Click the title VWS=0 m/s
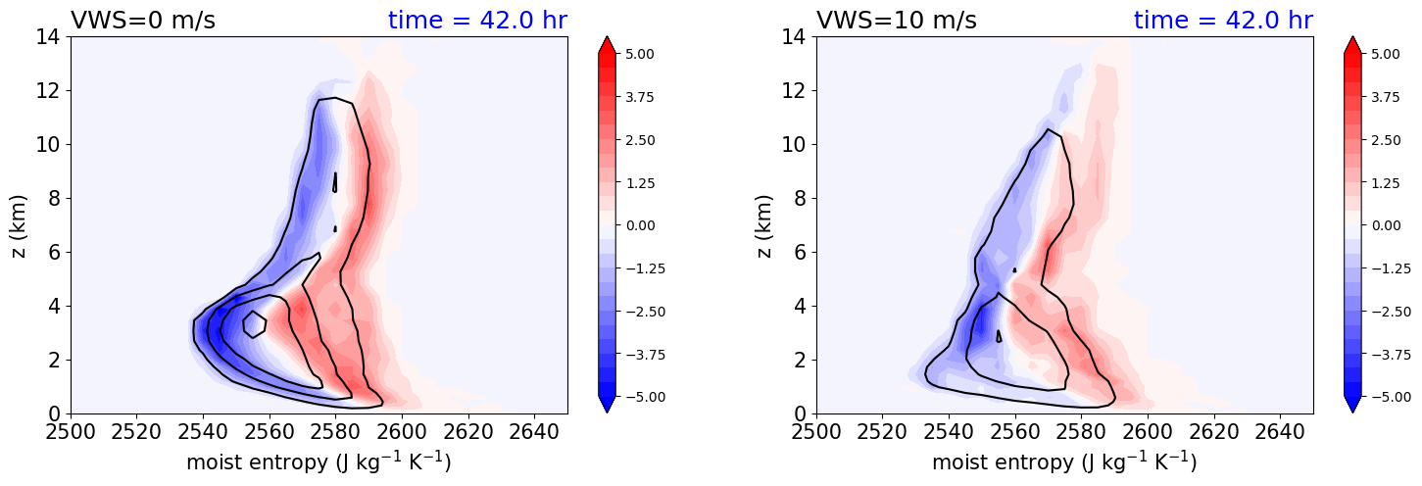tap(143, 21)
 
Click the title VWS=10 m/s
tap(896, 21)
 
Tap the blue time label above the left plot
tap(477, 21)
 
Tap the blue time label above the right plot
tap(1223, 21)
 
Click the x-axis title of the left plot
tap(319, 462)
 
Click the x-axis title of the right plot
tap(1064, 462)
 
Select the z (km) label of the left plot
tap(19, 225)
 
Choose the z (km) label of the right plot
tap(765, 225)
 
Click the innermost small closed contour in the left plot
tap(255, 323)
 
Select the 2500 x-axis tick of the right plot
tap(816, 432)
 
